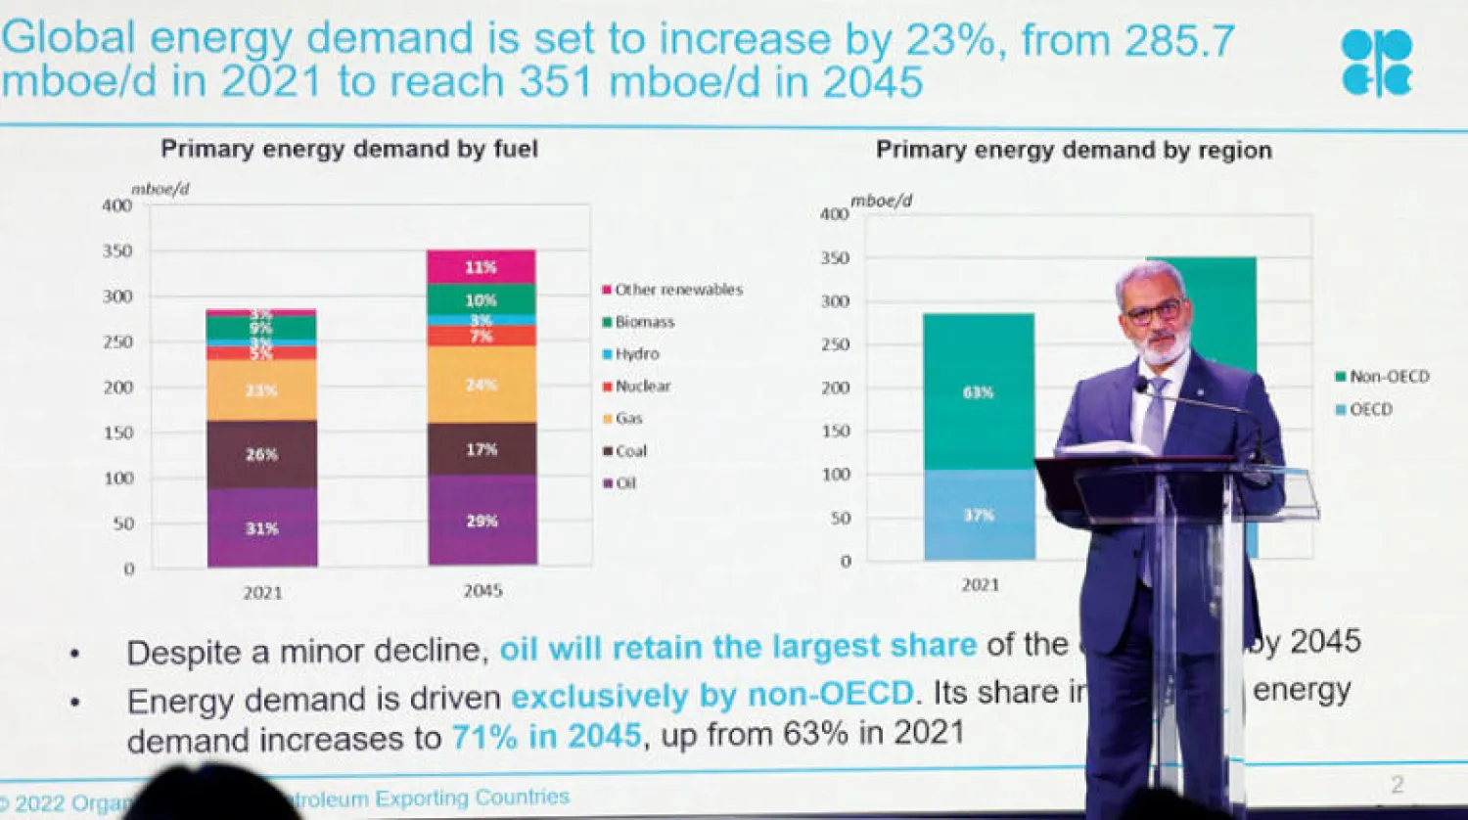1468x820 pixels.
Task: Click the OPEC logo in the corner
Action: click(1377, 63)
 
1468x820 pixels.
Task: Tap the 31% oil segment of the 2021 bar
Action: click(261, 527)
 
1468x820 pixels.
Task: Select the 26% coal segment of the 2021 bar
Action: click(261, 454)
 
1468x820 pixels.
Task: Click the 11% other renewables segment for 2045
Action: click(482, 267)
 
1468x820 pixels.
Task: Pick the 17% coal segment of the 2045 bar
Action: click(482, 449)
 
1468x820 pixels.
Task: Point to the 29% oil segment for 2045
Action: click(482, 521)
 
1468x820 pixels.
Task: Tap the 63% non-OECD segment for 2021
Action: click(978, 392)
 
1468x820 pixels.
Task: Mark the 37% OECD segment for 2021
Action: click(979, 515)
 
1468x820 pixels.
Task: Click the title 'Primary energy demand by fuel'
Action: click(349, 149)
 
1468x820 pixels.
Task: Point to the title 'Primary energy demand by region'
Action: click(1074, 150)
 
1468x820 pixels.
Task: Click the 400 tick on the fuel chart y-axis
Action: click(116, 205)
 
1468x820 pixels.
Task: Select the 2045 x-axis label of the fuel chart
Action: click(482, 591)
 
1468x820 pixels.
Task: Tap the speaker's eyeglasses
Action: click(1155, 313)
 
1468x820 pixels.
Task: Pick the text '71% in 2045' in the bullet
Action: click(546, 736)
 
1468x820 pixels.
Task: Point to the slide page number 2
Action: click(1398, 784)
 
